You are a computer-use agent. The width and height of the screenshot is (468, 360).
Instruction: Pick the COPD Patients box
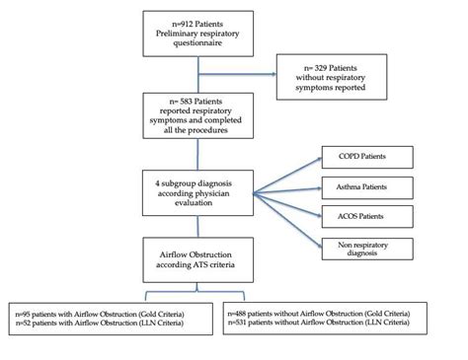click(x=361, y=156)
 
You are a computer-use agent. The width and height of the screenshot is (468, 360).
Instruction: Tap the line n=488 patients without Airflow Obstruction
click(x=346, y=310)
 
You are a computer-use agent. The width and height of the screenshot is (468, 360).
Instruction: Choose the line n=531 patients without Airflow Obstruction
click(x=344, y=321)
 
